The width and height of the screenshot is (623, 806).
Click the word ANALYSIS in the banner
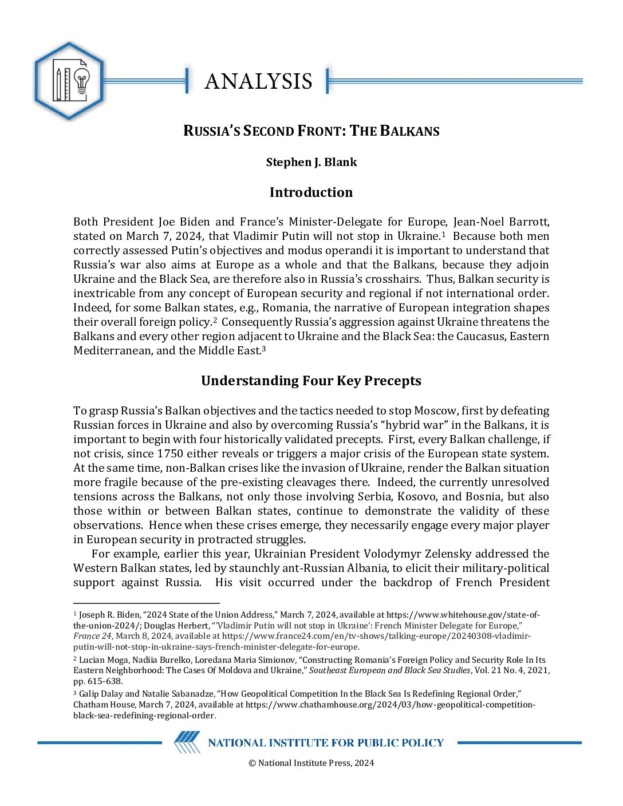[x=258, y=81]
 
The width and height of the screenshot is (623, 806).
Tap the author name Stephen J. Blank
[x=311, y=162]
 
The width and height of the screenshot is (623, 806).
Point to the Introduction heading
[x=311, y=192]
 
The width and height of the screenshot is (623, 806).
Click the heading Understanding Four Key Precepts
[x=311, y=381]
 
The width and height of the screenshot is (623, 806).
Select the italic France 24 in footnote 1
[x=92, y=636]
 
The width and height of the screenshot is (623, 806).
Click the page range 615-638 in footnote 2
[x=105, y=681]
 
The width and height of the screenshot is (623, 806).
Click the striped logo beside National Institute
[x=187, y=742]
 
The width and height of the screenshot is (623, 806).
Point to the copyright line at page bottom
[x=311, y=762]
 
